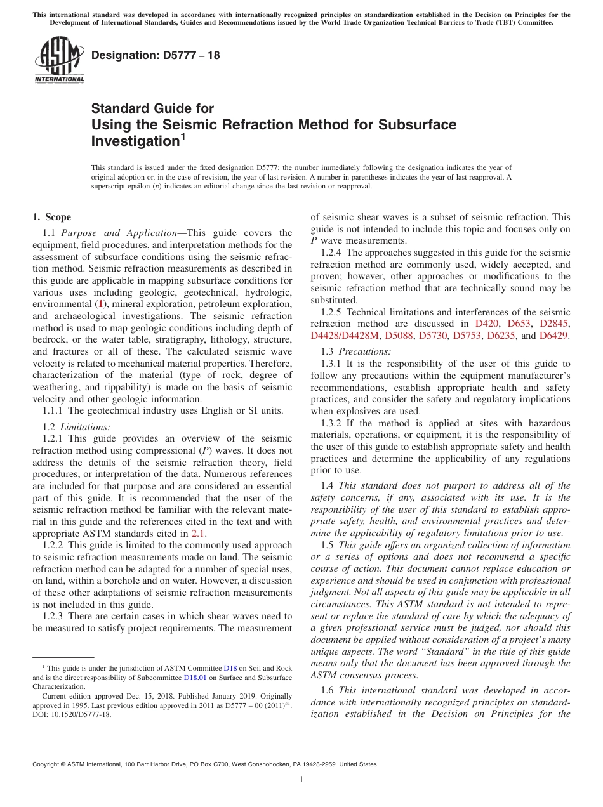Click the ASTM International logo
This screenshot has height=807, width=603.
58,60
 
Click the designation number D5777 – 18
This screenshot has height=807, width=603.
156,55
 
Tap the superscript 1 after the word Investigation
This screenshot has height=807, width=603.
183,136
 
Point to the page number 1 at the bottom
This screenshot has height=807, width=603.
301,780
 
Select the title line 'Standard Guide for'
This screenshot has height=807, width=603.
152,108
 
